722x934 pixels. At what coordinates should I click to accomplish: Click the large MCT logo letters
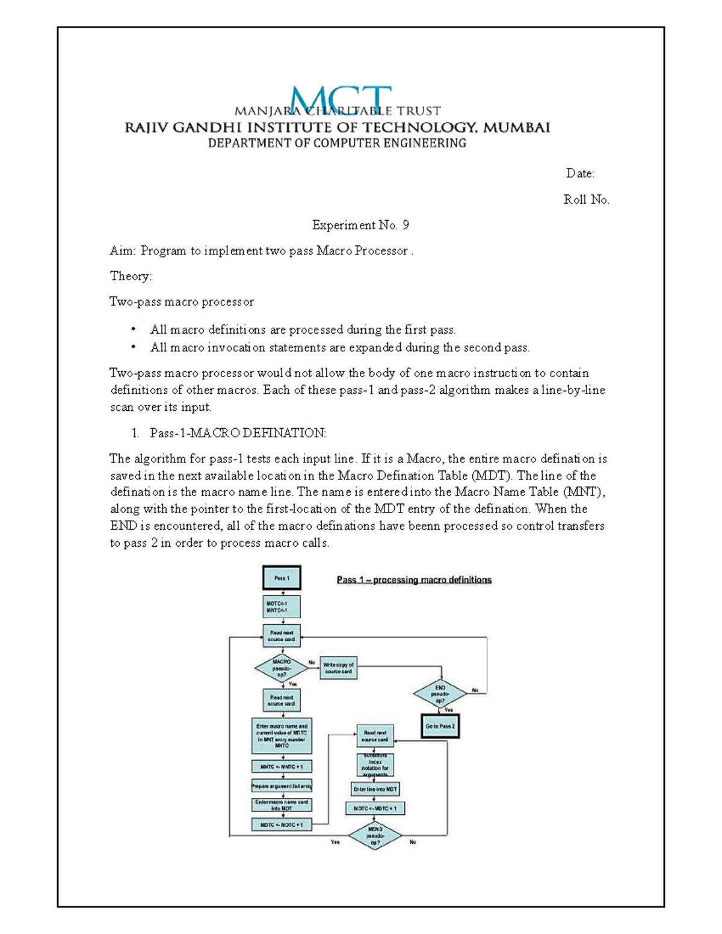(x=341, y=99)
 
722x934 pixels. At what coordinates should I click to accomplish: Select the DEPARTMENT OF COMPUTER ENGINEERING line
(x=337, y=143)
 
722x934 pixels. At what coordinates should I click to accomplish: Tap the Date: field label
(x=580, y=174)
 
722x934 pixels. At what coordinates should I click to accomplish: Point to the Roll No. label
(x=586, y=200)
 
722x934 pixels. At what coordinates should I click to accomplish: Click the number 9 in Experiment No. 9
(x=406, y=225)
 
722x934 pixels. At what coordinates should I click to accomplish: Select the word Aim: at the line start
(x=123, y=251)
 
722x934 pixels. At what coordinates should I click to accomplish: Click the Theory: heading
(x=131, y=276)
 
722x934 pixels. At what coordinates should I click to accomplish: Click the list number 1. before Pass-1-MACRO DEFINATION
(x=135, y=433)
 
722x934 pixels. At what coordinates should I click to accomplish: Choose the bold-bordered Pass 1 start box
(x=282, y=578)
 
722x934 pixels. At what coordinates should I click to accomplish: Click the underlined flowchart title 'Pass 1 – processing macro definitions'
(x=414, y=580)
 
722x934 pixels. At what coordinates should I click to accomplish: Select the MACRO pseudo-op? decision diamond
(x=281, y=668)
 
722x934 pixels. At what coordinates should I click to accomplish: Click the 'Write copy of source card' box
(x=338, y=668)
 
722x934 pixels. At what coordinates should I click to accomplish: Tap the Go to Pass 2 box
(x=440, y=726)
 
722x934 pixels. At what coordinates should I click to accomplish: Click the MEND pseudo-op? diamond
(x=375, y=836)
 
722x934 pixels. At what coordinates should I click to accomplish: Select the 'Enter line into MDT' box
(x=375, y=789)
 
